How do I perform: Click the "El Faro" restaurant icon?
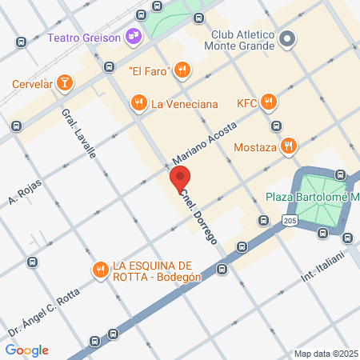[x=182, y=70]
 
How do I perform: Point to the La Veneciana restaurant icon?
[x=139, y=102]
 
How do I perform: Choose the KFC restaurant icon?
[x=268, y=102]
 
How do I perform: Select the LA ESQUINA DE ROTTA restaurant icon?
[x=100, y=270]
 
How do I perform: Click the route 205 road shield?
[x=290, y=220]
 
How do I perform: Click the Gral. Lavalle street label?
[x=78, y=131]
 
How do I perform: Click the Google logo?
[x=26, y=350]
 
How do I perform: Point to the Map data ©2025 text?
[x=325, y=354]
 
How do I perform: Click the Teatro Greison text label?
[x=82, y=37]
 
